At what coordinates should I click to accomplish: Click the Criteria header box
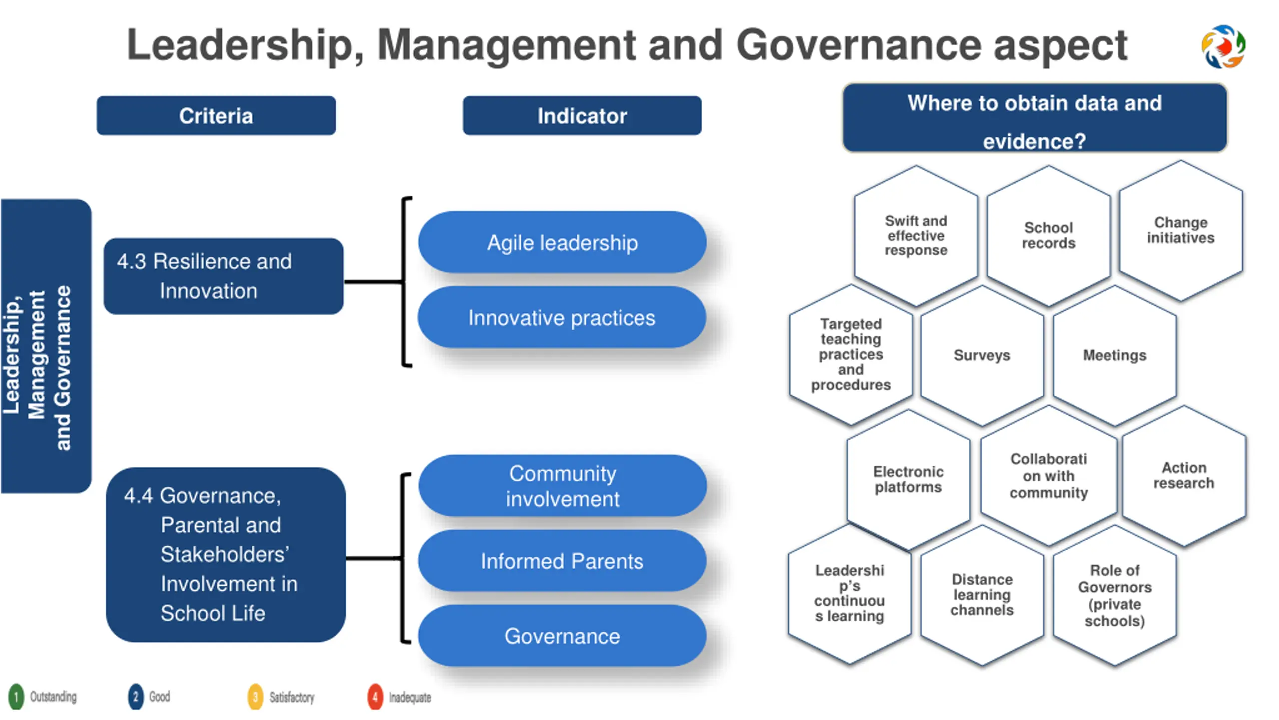tap(216, 116)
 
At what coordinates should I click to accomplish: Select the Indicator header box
tap(582, 116)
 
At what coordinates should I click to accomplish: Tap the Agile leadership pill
tap(562, 243)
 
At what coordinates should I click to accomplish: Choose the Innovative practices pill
tap(562, 318)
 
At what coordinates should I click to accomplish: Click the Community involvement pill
tap(562, 486)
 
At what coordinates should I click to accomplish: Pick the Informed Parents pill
tap(562, 561)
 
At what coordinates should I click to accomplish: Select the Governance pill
tap(562, 636)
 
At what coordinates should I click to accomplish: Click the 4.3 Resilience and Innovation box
tap(223, 276)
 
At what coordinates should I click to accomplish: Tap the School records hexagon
tap(1048, 235)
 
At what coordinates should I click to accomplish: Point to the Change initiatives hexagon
tap(1180, 230)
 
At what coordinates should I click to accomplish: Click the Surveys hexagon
tap(982, 355)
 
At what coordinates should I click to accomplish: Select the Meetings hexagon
tap(1114, 355)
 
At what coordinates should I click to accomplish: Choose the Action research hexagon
tap(1184, 475)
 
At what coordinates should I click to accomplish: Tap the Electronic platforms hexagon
tap(908, 479)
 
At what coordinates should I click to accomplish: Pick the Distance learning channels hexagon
tap(982, 595)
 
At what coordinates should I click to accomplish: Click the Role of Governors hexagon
tap(1114, 595)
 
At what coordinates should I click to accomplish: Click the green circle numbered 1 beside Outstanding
tap(16, 697)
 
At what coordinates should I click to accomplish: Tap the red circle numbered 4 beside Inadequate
tap(375, 697)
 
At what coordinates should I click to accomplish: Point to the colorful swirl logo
tap(1223, 46)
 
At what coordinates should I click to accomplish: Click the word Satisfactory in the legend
tap(292, 697)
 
